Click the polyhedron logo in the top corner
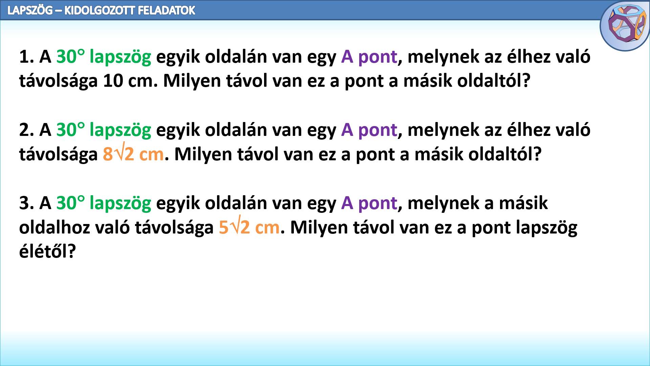click(x=625, y=26)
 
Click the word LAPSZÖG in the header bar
click(x=30, y=10)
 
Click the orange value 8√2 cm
click(x=133, y=153)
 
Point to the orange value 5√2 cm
click(x=250, y=226)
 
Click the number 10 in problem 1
click(x=113, y=81)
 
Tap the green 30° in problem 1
click(x=70, y=56)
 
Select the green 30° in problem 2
click(x=70, y=129)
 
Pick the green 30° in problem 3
click(x=70, y=203)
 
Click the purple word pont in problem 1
click(x=377, y=57)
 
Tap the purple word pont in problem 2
click(x=377, y=130)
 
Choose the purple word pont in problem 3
click(x=377, y=203)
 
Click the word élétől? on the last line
click(x=47, y=251)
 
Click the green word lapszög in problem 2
click(x=121, y=130)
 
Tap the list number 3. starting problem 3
click(x=27, y=203)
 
